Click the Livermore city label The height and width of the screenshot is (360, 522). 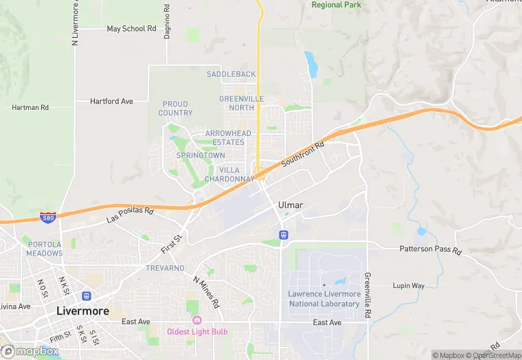pyautogui.click(x=82, y=311)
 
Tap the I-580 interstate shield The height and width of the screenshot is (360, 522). pyautogui.click(x=47, y=218)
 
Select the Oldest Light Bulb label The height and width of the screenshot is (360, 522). pyautogui.click(x=197, y=332)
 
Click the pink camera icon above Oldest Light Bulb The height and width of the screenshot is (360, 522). pyautogui.click(x=197, y=320)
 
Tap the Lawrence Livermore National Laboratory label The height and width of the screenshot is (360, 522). pyautogui.click(x=324, y=299)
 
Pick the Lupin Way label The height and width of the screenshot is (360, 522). pyautogui.click(x=409, y=285)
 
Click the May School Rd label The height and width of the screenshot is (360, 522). pyautogui.click(x=132, y=29)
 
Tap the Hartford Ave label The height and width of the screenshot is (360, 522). pyautogui.click(x=111, y=101)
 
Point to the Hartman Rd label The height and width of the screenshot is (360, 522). pyautogui.click(x=30, y=108)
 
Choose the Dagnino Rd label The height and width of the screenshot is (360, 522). pyautogui.click(x=167, y=22)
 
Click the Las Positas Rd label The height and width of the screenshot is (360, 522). pyautogui.click(x=130, y=215)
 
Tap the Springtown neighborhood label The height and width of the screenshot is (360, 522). pyautogui.click(x=200, y=155)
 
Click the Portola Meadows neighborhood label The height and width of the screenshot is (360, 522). pyautogui.click(x=44, y=249)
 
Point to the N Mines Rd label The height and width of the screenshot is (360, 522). pyautogui.click(x=206, y=292)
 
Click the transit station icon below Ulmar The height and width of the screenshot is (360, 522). pyautogui.click(x=282, y=235)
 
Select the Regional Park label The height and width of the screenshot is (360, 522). pyautogui.click(x=337, y=5)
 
